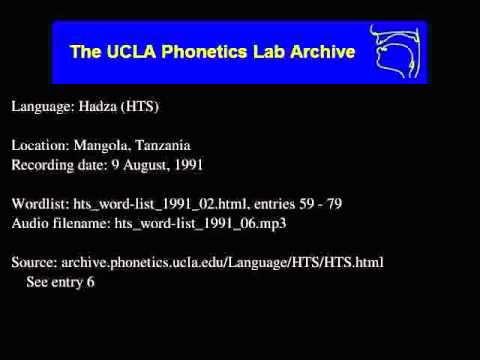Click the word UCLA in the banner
(129, 51)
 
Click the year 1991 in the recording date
(188, 164)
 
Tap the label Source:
(35, 262)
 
